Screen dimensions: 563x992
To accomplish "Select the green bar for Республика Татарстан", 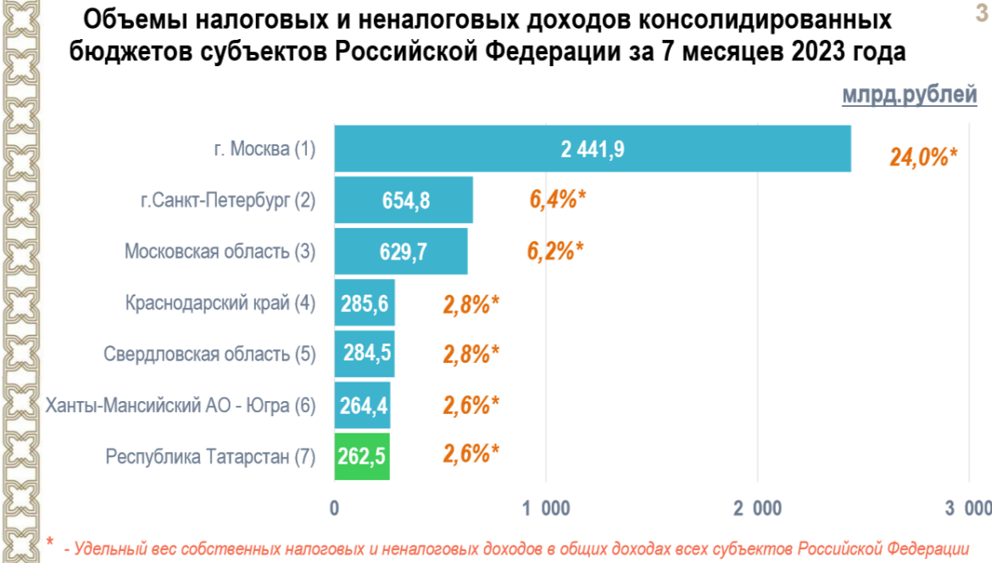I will point(362,456).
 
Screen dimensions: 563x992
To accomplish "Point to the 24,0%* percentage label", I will point(922,157).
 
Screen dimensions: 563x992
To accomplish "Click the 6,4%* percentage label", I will point(557,201).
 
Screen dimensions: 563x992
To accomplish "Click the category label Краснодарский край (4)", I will point(220,304).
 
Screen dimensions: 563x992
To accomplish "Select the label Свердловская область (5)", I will point(209,354).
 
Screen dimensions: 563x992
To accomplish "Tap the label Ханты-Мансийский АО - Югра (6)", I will point(180,405).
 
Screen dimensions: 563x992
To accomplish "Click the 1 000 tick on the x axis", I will point(547,508).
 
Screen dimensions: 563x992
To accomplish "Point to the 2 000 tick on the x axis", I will point(758,508).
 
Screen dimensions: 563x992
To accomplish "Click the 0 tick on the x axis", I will point(335,508).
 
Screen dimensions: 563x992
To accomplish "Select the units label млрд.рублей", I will point(909,95).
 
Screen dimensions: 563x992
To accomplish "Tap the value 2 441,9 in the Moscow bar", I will point(593,150).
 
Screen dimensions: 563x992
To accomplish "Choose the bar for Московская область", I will point(401,252).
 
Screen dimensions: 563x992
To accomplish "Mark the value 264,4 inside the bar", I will point(365,405).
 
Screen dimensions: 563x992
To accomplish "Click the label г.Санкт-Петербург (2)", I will point(227,201).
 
